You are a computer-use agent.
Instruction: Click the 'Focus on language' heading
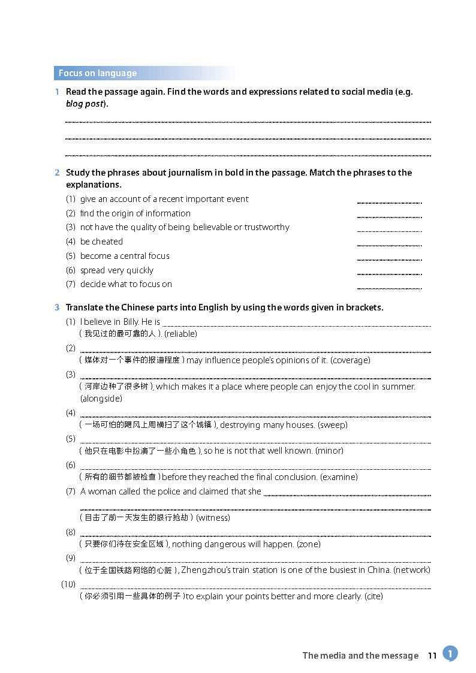(98, 73)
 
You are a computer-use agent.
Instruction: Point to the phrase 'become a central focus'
(125, 256)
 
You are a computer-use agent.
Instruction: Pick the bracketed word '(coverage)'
(350, 360)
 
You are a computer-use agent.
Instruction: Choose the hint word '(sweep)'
(333, 425)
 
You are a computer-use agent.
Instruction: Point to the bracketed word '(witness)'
(213, 518)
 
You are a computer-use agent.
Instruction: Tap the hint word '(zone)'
(309, 544)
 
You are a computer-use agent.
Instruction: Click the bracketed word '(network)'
(412, 570)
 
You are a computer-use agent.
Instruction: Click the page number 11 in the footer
(432, 656)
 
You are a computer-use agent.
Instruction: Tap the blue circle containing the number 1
(450, 653)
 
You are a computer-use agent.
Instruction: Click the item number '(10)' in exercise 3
(68, 584)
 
